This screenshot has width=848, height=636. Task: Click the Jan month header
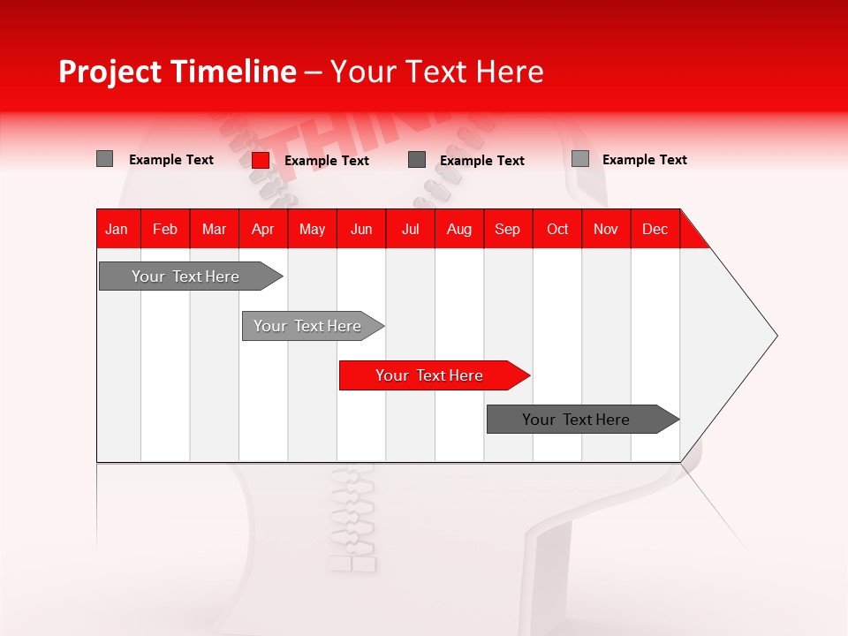click(117, 229)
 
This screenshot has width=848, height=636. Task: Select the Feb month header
click(165, 229)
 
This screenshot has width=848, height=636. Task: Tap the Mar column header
click(214, 229)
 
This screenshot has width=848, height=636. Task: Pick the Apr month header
click(263, 229)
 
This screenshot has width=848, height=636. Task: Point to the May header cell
click(312, 229)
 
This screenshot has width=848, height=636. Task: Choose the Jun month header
click(361, 229)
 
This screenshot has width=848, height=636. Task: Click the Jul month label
click(410, 229)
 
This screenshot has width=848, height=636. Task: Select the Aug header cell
click(459, 229)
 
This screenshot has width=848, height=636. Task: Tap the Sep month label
click(508, 229)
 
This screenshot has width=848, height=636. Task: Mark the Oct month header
click(557, 229)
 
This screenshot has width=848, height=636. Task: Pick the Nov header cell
click(606, 229)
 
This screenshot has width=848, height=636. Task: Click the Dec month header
click(655, 229)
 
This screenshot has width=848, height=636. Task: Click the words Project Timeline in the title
click(177, 72)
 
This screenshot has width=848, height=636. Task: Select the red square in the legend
click(261, 160)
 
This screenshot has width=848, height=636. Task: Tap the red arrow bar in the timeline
click(429, 375)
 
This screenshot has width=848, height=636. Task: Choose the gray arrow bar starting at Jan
click(185, 276)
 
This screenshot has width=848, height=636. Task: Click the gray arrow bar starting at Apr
click(307, 326)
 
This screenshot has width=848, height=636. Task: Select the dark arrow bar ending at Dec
click(576, 420)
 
